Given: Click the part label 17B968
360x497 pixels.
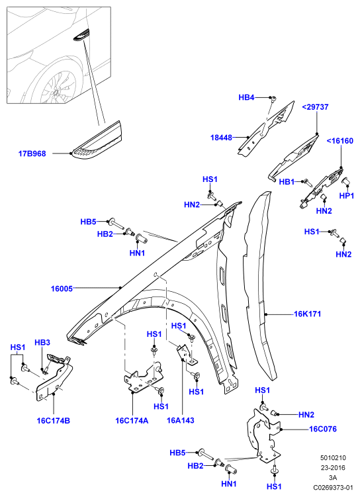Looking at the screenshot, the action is click(32, 154).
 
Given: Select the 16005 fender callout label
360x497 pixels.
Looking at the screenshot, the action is click(62, 289).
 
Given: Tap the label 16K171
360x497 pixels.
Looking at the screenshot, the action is click(308, 314).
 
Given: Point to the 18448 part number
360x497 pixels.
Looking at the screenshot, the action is click(221, 138).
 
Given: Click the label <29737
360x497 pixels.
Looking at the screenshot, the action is click(315, 107).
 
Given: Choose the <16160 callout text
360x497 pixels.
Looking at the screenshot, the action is click(339, 141).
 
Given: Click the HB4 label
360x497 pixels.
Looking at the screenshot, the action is click(246, 97).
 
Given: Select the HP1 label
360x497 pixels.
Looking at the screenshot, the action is click(346, 196).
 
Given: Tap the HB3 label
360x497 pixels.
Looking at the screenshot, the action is click(42, 343).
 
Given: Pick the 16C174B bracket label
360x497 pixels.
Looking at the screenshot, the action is click(53, 421).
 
